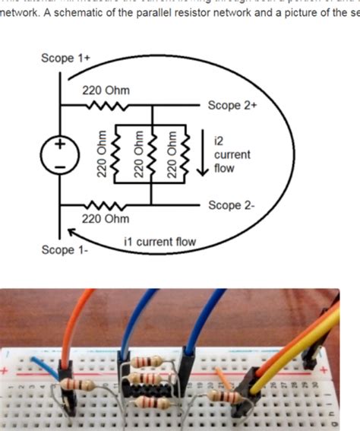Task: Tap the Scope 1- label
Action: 65,250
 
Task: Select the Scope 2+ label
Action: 232,106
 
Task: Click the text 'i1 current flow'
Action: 159,242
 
